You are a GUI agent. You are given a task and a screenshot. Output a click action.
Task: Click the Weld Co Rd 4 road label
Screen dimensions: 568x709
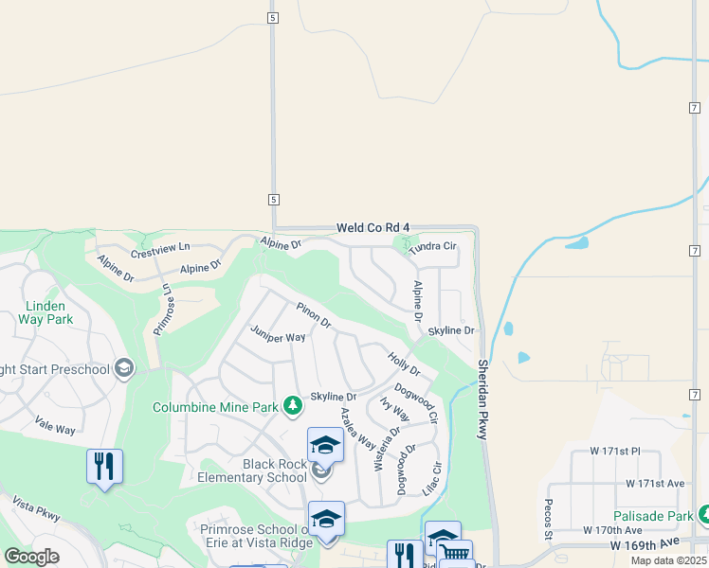click(373, 228)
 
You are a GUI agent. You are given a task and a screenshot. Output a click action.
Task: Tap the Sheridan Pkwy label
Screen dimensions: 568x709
click(483, 399)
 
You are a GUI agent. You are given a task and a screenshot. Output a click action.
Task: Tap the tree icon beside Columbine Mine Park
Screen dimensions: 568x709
click(293, 406)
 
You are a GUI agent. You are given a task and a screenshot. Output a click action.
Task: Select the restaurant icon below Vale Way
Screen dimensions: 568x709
click(104, 466)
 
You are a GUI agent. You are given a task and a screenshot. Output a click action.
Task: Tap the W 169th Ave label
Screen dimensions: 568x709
click(646, 543)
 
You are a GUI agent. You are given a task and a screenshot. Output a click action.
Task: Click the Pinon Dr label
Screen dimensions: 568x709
click(314, 316)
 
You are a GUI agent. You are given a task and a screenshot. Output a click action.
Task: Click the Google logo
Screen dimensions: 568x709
click(31, 557)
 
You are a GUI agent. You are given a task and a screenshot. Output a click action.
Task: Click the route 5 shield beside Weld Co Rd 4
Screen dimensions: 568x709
click(274, 200)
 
